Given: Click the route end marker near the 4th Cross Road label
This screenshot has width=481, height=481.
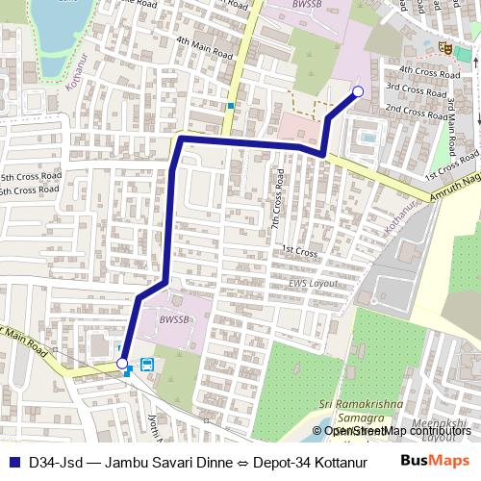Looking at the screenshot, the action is [x=358, y=91].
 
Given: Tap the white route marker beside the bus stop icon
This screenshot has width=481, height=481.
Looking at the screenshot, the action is [x=122, y=363].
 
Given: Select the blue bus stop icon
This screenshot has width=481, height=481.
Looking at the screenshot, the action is [x=147, y=365].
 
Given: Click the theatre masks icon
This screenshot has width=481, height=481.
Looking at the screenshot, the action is [x=444, y=45].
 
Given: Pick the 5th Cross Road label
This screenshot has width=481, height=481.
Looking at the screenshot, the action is [x=31, y=177].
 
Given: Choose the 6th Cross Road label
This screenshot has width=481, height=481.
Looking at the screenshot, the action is [x=31, y=191].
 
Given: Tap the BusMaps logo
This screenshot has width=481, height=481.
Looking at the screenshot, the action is [x=436, y=460].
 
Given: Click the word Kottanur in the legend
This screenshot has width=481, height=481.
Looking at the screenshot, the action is [x=326, y=461].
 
